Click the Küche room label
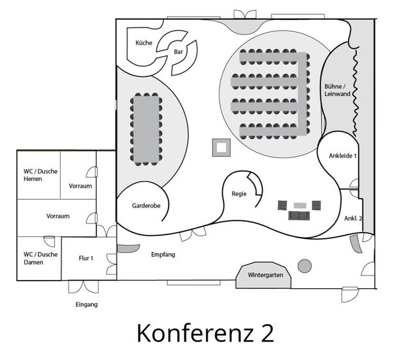pos(143,43)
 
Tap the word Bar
pos(178,52)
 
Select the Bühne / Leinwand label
pos(337,90)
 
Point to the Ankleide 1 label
pos(343,156)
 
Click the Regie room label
pos(239,194)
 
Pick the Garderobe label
pos(146,206)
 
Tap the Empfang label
pos(163,255)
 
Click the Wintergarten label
pos(265,275)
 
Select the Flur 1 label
pos(86,258)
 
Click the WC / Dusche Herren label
pos(40,175)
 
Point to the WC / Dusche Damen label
pos(40,258)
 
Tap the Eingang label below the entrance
pos(86,304)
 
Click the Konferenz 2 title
pos(205,333)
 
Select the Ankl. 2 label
pos(353,218)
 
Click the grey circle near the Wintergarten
pos(305,266)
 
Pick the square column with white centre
pos(221,148)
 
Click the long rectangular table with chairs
pos(146,129)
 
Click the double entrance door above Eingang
pos(84,287)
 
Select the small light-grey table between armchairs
pos(300,206)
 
